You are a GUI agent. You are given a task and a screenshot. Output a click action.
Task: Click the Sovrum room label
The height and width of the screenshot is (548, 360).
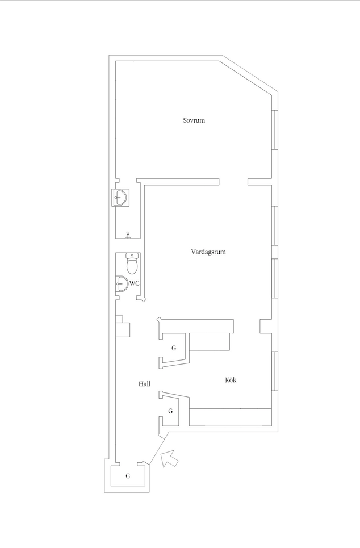pos(194,120)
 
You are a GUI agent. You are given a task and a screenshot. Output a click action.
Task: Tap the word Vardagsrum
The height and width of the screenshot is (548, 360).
pos(208,252)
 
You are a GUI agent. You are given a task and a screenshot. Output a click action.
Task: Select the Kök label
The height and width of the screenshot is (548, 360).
pos(231,380)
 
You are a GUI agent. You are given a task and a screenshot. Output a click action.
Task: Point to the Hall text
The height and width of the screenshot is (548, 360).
pos(144,384)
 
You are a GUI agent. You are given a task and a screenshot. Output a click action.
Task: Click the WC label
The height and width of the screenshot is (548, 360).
pos(135,283)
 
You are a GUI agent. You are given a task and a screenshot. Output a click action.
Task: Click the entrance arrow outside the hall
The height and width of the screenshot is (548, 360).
pos(170,458)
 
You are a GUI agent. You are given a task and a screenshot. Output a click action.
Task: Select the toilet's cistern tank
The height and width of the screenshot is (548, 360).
pos(132,256)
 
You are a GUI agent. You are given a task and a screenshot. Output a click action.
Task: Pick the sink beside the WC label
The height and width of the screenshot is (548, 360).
pos(122,283)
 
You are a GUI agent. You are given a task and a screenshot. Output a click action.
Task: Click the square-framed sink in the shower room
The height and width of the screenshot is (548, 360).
pos(120,198)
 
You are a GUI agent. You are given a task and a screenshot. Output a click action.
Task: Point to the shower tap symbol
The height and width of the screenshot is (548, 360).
pos(128,235)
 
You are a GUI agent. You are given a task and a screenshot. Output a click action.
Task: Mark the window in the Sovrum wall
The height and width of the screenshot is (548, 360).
pos(275,130)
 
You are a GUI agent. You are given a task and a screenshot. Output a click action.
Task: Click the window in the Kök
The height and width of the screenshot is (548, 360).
pos(275,370)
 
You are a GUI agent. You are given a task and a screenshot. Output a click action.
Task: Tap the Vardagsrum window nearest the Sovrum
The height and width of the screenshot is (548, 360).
pos(275,226)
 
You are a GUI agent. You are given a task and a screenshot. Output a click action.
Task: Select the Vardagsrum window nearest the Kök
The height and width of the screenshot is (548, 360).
pos(275,278)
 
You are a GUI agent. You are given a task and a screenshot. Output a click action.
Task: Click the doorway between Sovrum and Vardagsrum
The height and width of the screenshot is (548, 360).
pos(233,182)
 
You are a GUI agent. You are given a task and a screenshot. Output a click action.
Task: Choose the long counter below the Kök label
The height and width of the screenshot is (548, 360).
pos(231,417)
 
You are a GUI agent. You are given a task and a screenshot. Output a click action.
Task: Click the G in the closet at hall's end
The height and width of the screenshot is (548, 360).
pos(128,476)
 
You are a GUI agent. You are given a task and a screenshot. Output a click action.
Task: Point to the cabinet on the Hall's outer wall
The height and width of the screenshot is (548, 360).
pos(123,327)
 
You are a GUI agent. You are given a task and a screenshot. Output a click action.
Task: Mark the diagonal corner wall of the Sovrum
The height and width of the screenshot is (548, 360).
pos(249,75)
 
